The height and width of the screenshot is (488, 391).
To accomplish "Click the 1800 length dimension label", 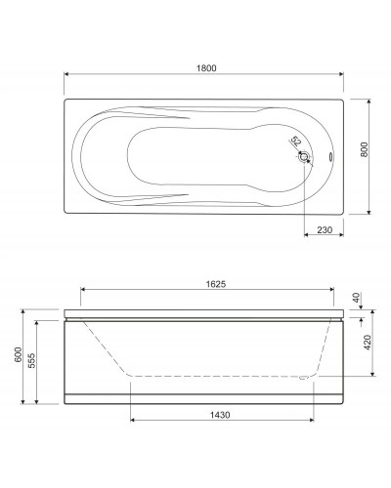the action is [206, 68].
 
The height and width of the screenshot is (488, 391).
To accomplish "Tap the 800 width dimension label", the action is [364, 149].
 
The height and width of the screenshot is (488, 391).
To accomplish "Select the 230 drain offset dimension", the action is [325, 230].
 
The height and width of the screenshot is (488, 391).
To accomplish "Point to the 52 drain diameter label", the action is [295, 142].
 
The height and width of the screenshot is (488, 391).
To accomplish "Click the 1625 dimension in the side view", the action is [216, 284].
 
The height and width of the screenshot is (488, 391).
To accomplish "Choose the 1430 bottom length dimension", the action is [220, 415].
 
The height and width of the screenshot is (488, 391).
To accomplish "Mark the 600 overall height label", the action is [19, 354].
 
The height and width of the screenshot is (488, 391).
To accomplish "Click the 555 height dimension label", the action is [32, 360].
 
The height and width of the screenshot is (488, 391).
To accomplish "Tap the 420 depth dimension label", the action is [368, 343].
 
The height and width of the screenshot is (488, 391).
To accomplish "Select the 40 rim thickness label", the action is [356, 298].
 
